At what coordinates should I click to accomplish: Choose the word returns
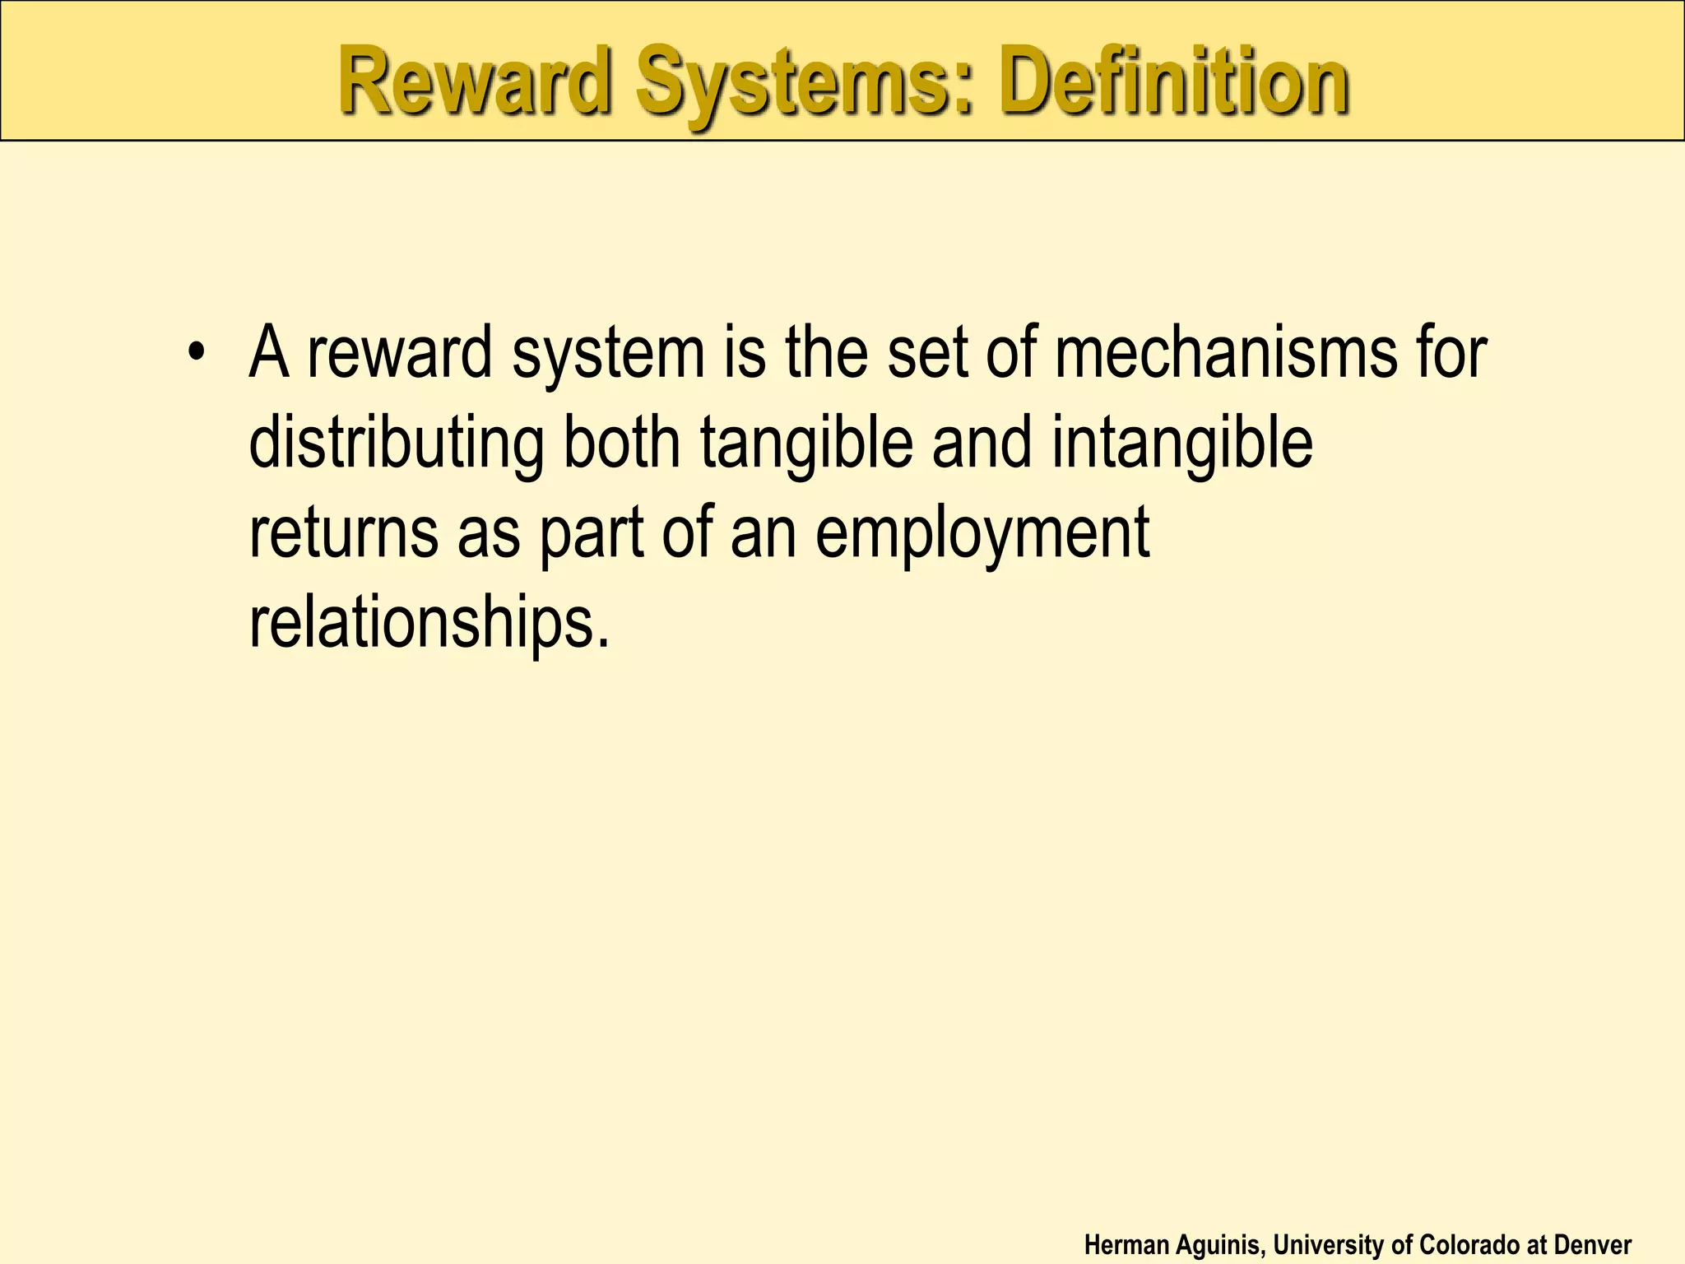(344, 533)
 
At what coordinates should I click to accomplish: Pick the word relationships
(428, 623)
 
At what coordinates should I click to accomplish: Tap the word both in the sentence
(622, 443)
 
